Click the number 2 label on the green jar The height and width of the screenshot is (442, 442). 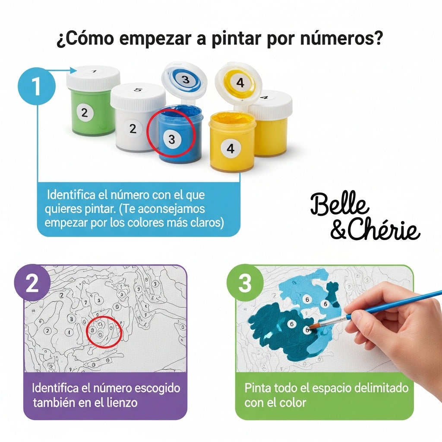85,113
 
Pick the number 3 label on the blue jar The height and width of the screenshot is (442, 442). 172,139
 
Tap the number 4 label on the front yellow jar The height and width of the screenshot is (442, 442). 230,148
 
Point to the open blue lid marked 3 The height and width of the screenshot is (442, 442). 185,80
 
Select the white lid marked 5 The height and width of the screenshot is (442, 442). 138,95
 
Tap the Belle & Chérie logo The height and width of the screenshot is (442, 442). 365,217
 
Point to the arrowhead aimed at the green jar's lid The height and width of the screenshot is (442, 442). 73,70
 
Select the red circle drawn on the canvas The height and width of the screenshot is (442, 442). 104,331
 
